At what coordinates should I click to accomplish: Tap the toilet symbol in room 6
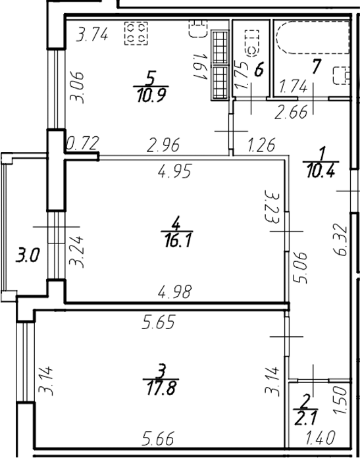tap(251, 43)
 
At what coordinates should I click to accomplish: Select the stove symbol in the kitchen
tap(138, 34)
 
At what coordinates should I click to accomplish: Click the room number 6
tap(259, 68)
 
